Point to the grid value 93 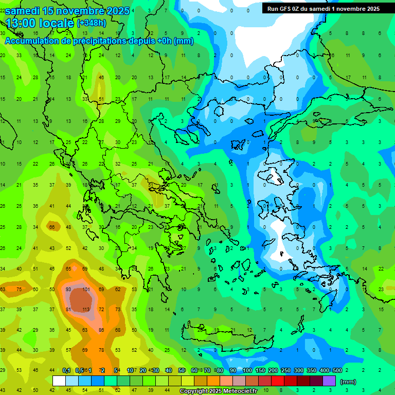(x=68, y=289)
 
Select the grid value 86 (x=102, y=330)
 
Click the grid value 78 (x=102, y=350)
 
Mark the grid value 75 (x=20, y=289)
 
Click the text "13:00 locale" (x=40, y=23)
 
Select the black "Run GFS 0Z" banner (x=324, y=8)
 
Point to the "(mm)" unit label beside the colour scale (x=348, y=382)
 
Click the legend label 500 (x=337, y=370)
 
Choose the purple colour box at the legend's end (x=329, y=381)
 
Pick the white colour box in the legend (x=59, y=381)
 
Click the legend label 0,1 (x=66, y=370)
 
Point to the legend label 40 (x=169, y=370)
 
